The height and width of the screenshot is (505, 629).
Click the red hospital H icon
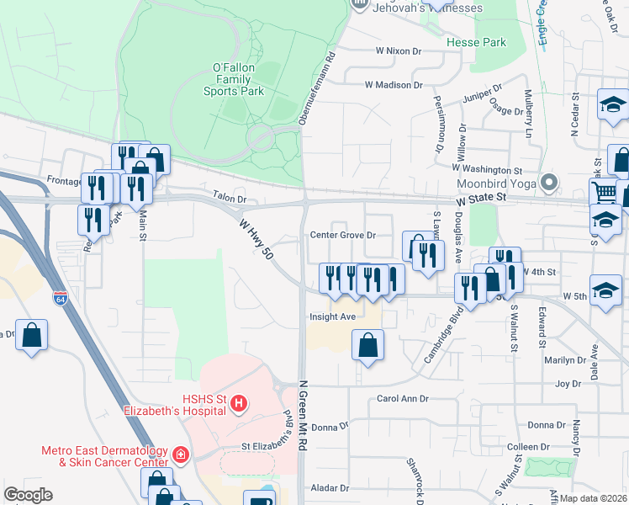coord(239,405)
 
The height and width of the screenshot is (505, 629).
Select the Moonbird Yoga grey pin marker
coord(549,182)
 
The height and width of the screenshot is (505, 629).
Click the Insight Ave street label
coord(332,316)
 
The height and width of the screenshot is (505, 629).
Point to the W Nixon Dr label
coord(398,51)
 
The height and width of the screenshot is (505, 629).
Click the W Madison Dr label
coord(393,85)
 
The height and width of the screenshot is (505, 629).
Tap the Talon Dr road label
coord(229,199)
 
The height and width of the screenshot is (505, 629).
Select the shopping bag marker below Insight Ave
coord(367,345)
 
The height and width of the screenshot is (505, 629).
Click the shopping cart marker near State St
coord(603,193)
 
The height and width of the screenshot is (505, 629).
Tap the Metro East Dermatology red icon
coord(180,455)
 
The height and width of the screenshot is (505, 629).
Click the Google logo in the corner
coord(28,495)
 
